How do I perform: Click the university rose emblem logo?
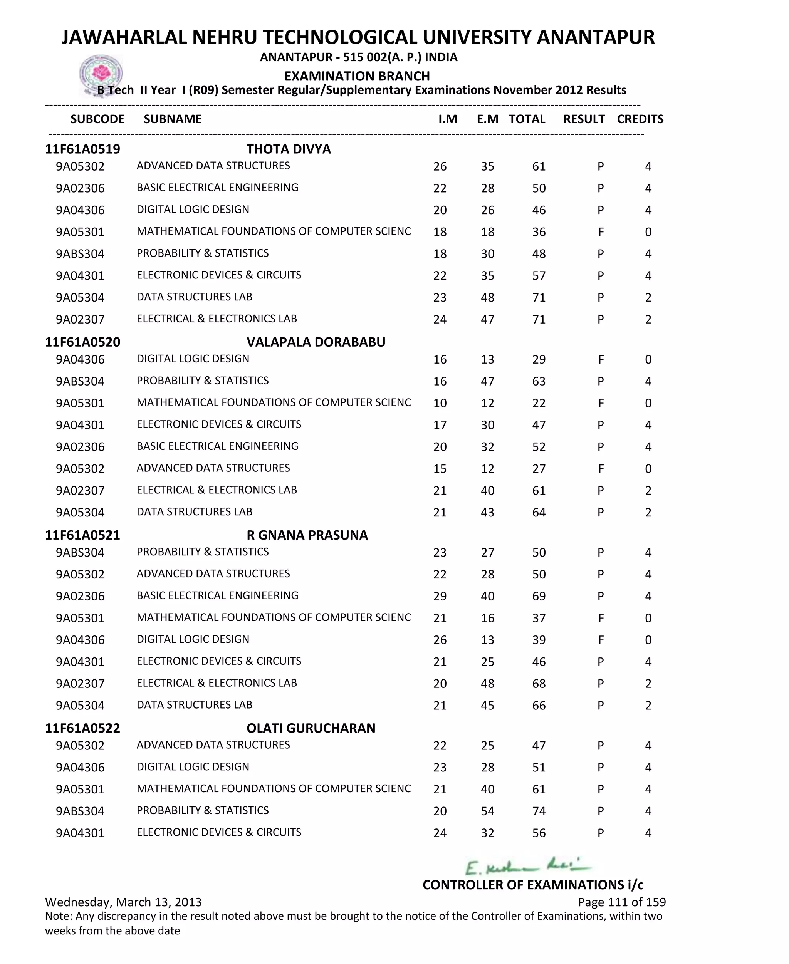101,74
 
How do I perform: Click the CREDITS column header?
640,119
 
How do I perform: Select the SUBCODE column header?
97,119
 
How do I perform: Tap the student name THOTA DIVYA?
289,149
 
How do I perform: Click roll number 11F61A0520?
83,342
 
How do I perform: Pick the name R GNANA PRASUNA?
307,535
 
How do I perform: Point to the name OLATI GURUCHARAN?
311,728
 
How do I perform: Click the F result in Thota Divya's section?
601,232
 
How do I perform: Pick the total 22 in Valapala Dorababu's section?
539,403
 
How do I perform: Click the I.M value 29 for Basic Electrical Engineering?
440,597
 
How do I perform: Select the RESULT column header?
584,119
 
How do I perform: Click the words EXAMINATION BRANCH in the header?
357,76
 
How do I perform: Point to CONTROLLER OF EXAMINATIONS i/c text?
533,885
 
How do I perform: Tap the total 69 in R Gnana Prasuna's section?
539,597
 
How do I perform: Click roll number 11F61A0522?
83,728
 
